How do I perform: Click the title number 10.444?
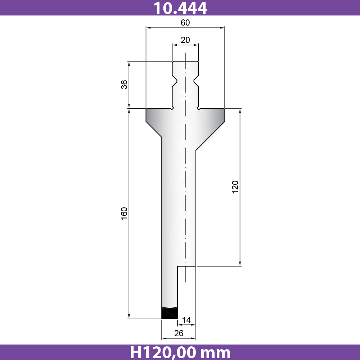point(180,8)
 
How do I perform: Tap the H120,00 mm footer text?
point(180,352)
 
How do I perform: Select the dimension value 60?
point(185,22)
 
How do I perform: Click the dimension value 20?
point(185,40)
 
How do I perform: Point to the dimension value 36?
point(124,85)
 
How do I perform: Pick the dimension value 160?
point(124,213)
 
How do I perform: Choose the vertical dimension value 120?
point(235,187)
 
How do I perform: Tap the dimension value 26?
point(179,333)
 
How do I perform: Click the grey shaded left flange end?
point(151,116)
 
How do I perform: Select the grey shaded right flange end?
point(220,116)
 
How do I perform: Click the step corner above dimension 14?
point(177,266)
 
